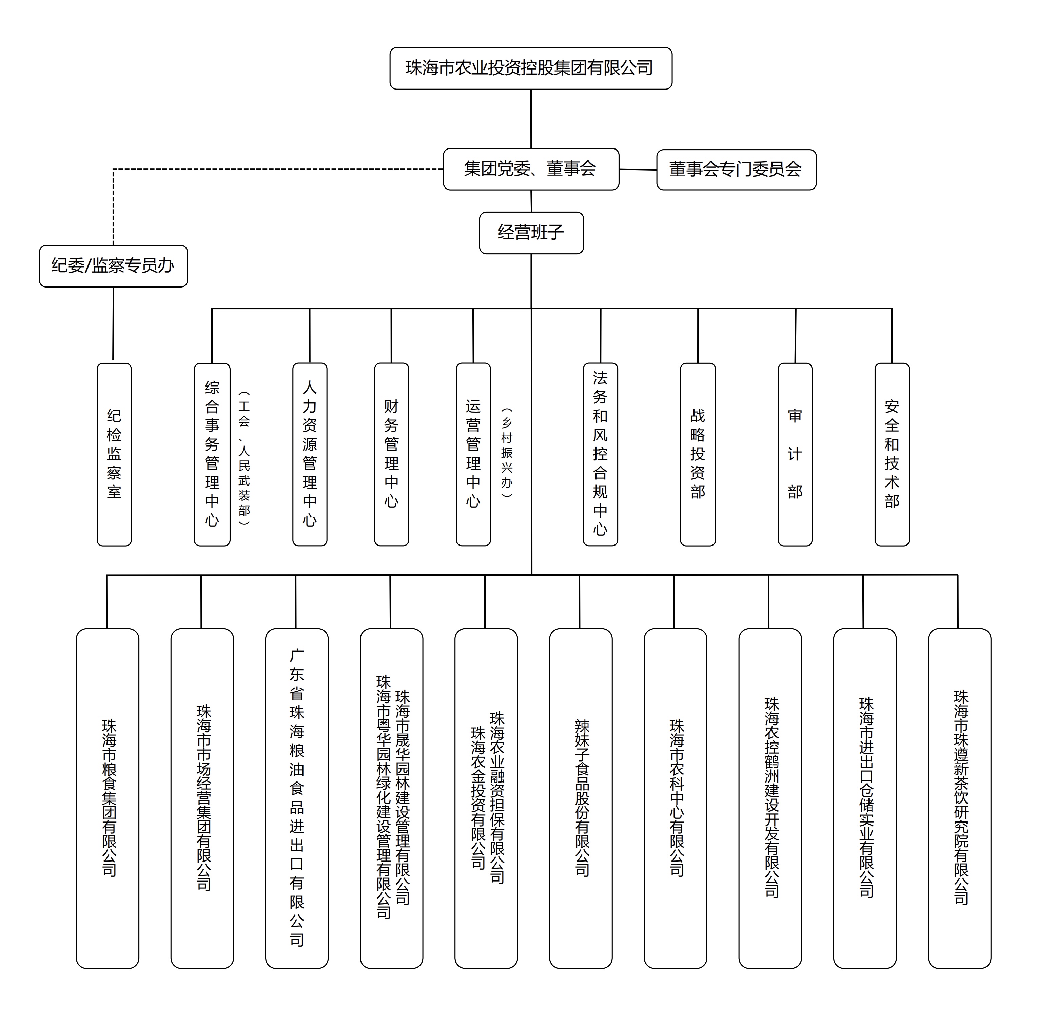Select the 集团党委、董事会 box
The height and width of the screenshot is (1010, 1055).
pyautogui.click(x=531, y=169)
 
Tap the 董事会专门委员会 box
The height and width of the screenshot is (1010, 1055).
pyautogui.click(x=736, y=170)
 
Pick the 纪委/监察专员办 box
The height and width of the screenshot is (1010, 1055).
pyautogui.click(x=113, y=266)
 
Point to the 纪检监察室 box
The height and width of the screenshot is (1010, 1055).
pyautogui.click(x=114, y=454)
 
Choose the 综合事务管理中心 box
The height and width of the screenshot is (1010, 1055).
pyautogui.click(x=212, y=454)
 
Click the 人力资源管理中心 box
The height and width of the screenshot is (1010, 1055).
pyautogui.click(x=310, y=454)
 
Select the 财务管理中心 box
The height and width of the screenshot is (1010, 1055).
pyautogui.click(x=391, y=454)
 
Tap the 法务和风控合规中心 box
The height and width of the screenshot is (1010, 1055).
pyautogui.click(x=600, y=454)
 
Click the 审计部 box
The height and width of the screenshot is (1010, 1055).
pyautogui.click(x=795, y=454)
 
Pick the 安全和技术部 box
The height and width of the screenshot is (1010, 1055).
pyautogui.click(x=892, y=454)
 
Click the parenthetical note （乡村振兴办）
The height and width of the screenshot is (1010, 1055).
pyautogui.click(x=507, y=452)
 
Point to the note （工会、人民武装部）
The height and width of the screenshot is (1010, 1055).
pyautogui.click(x=245, y=457)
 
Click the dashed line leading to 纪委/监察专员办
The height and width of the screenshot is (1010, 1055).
pyautogui.click(x=269, y=169)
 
